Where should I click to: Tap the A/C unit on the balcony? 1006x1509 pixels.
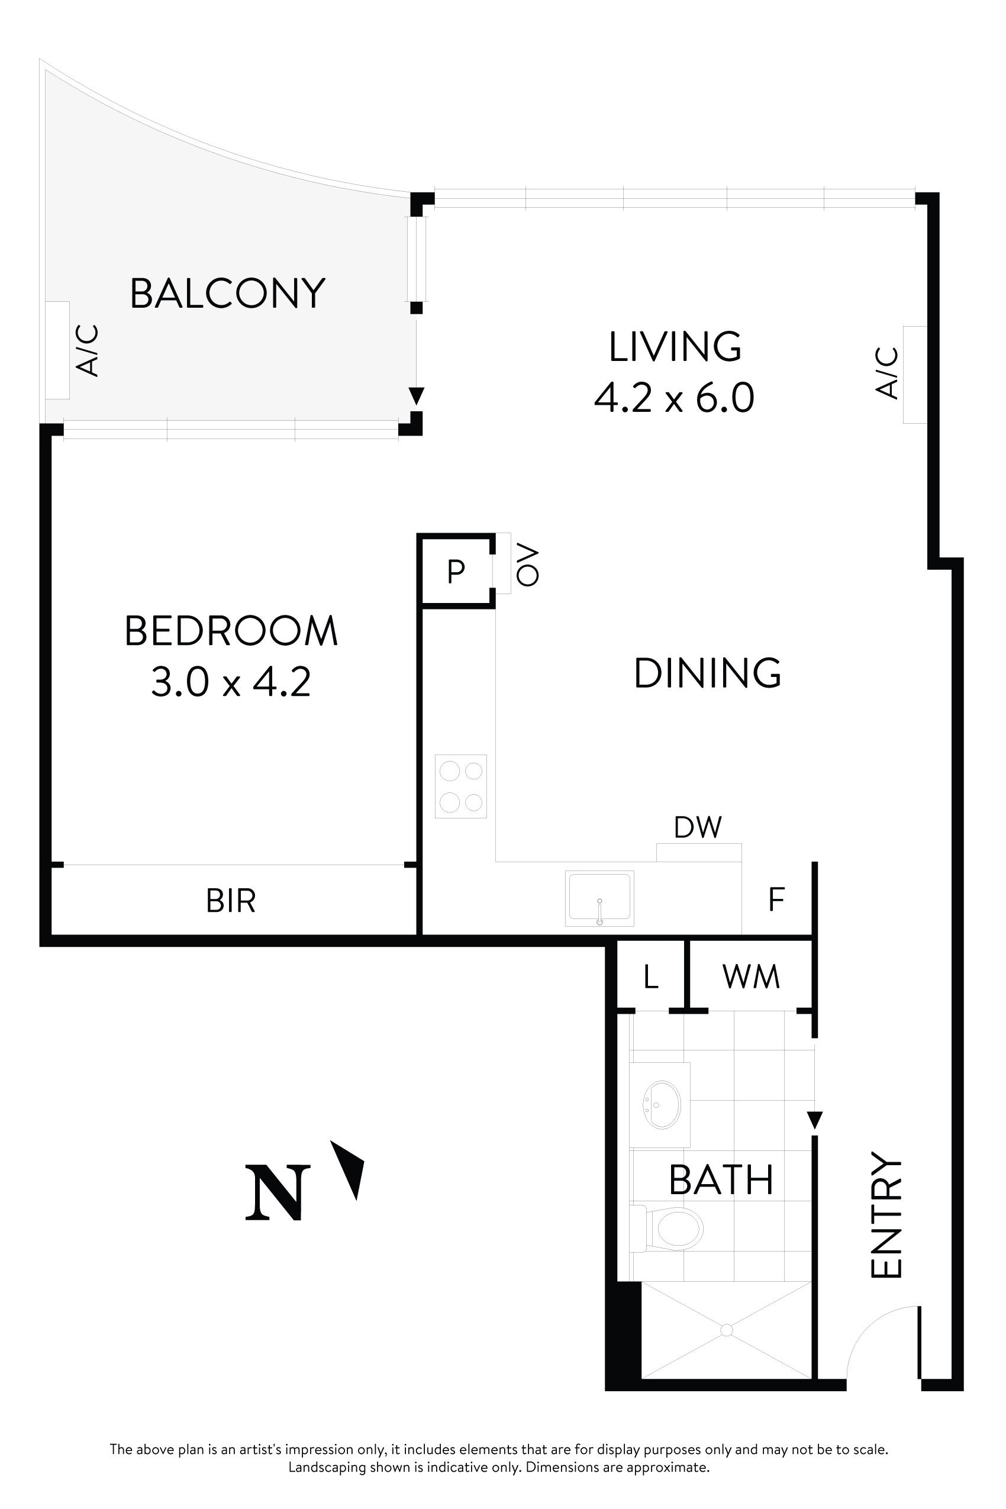click(x=58, y=350)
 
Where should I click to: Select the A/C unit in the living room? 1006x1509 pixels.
click(x=914, y=374)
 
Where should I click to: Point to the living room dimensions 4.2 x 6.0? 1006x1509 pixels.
click(x=673, y=398)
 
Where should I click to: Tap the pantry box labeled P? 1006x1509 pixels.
click(x=456, y=570)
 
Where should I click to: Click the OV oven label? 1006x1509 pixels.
click(x=527, y=565)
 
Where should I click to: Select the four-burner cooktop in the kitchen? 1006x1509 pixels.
click(x=460, y=786)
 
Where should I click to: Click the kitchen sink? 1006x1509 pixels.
click(x=599, y=898)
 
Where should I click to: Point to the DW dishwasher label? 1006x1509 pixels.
click(x=698, y=828)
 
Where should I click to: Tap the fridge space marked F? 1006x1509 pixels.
click(x=776, y=899)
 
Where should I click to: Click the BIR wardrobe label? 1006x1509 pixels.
click(x=231, y=901)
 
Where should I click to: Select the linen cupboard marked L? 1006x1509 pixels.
click(x=650, y=976)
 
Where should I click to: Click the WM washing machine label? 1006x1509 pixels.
click(x=750, y=976)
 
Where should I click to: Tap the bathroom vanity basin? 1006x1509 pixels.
click(x=661, y=1105)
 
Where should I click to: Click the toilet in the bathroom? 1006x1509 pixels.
click(x=673, y=1229)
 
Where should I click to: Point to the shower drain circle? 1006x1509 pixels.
click(x=726, y=1331)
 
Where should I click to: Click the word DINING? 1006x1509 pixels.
click(x=707, y=673)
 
